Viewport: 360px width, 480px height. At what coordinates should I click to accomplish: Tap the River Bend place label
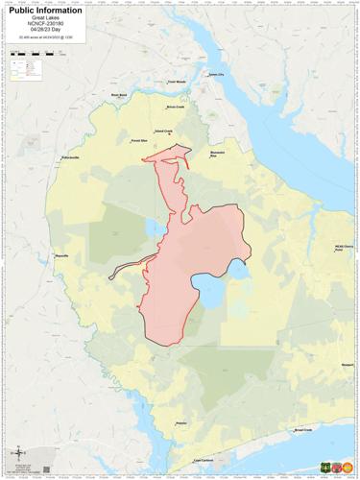(x=119, y=95)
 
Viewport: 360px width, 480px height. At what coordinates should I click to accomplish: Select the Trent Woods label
(x=177, y=83)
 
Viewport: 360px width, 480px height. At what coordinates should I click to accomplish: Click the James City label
(x=215, y=74)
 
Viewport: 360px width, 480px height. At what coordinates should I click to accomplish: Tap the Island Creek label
(x=163, y=132)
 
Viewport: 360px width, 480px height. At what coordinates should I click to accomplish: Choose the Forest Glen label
(x=138, y=140)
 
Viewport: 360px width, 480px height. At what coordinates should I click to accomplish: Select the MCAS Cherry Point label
(x=345, y=247)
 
